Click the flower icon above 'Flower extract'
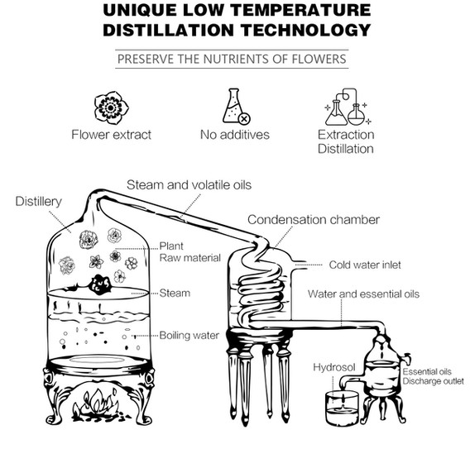coord(111,108)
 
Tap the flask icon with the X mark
coord(236,106)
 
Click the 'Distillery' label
coord(39,201)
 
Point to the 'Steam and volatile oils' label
coord(189,185)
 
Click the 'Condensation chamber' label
coord(314,220)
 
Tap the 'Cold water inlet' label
coord(365,265)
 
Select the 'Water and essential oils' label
coord(363,294)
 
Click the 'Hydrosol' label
coord(334,367)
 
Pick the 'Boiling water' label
coord(189,335)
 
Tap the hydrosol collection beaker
coord(342,408)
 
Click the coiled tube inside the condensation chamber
coord(261,288)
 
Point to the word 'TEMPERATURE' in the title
coord(301,10)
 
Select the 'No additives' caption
coord(235,135)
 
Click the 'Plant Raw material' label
coord(189,252)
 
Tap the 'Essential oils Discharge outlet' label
coord(433,376)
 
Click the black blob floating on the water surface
coord(101,284)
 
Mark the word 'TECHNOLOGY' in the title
coord(305,30)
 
